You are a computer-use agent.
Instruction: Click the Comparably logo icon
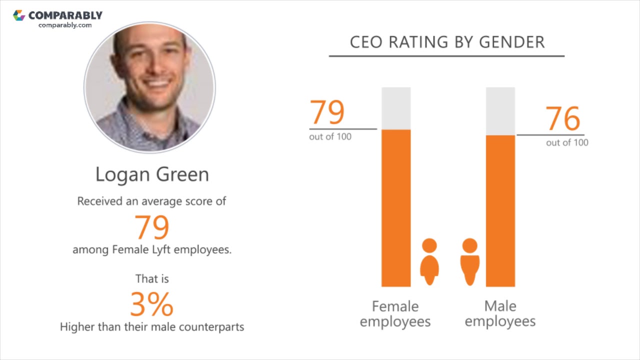click(19, 15)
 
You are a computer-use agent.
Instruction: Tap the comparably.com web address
click(65, 25)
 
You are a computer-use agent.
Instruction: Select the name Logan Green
click(152, 174)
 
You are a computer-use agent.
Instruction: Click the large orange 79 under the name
click(152, 227)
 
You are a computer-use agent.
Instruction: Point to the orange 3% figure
click(151, 304)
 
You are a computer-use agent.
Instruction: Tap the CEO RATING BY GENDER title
click(447, 42)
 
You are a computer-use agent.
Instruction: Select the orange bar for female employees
click(396, 207)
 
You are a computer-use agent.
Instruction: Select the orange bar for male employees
click(500, 210)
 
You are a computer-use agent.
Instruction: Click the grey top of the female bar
click(396, 108)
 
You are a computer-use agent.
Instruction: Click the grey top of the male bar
click(500, 110)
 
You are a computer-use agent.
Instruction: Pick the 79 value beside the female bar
click(327, 112)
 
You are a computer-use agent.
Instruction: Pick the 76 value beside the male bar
click(562, 118)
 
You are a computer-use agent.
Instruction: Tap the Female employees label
click(395, 313)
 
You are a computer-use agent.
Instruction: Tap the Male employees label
click(500, 313)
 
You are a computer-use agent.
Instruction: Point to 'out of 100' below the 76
click(567, 143)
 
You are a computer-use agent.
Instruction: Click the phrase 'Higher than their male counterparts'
click(152, 327)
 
